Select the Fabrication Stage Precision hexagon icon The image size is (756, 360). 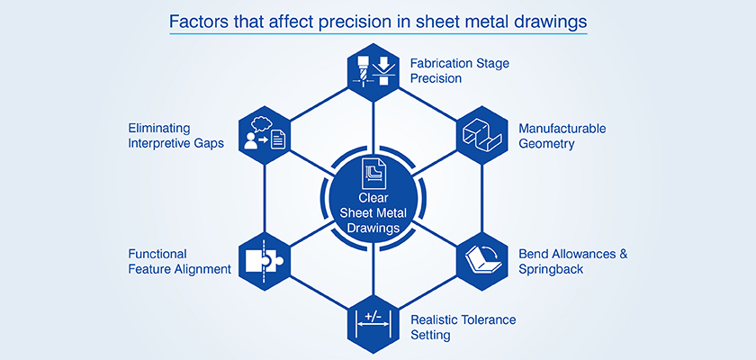(x=373, y=70)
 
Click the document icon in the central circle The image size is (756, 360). (x=373, y=172)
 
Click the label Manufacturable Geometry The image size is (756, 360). (x=562, y=135)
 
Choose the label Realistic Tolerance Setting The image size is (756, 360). (x=463, y=327)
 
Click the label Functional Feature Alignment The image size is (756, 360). (x=180, y=261)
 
